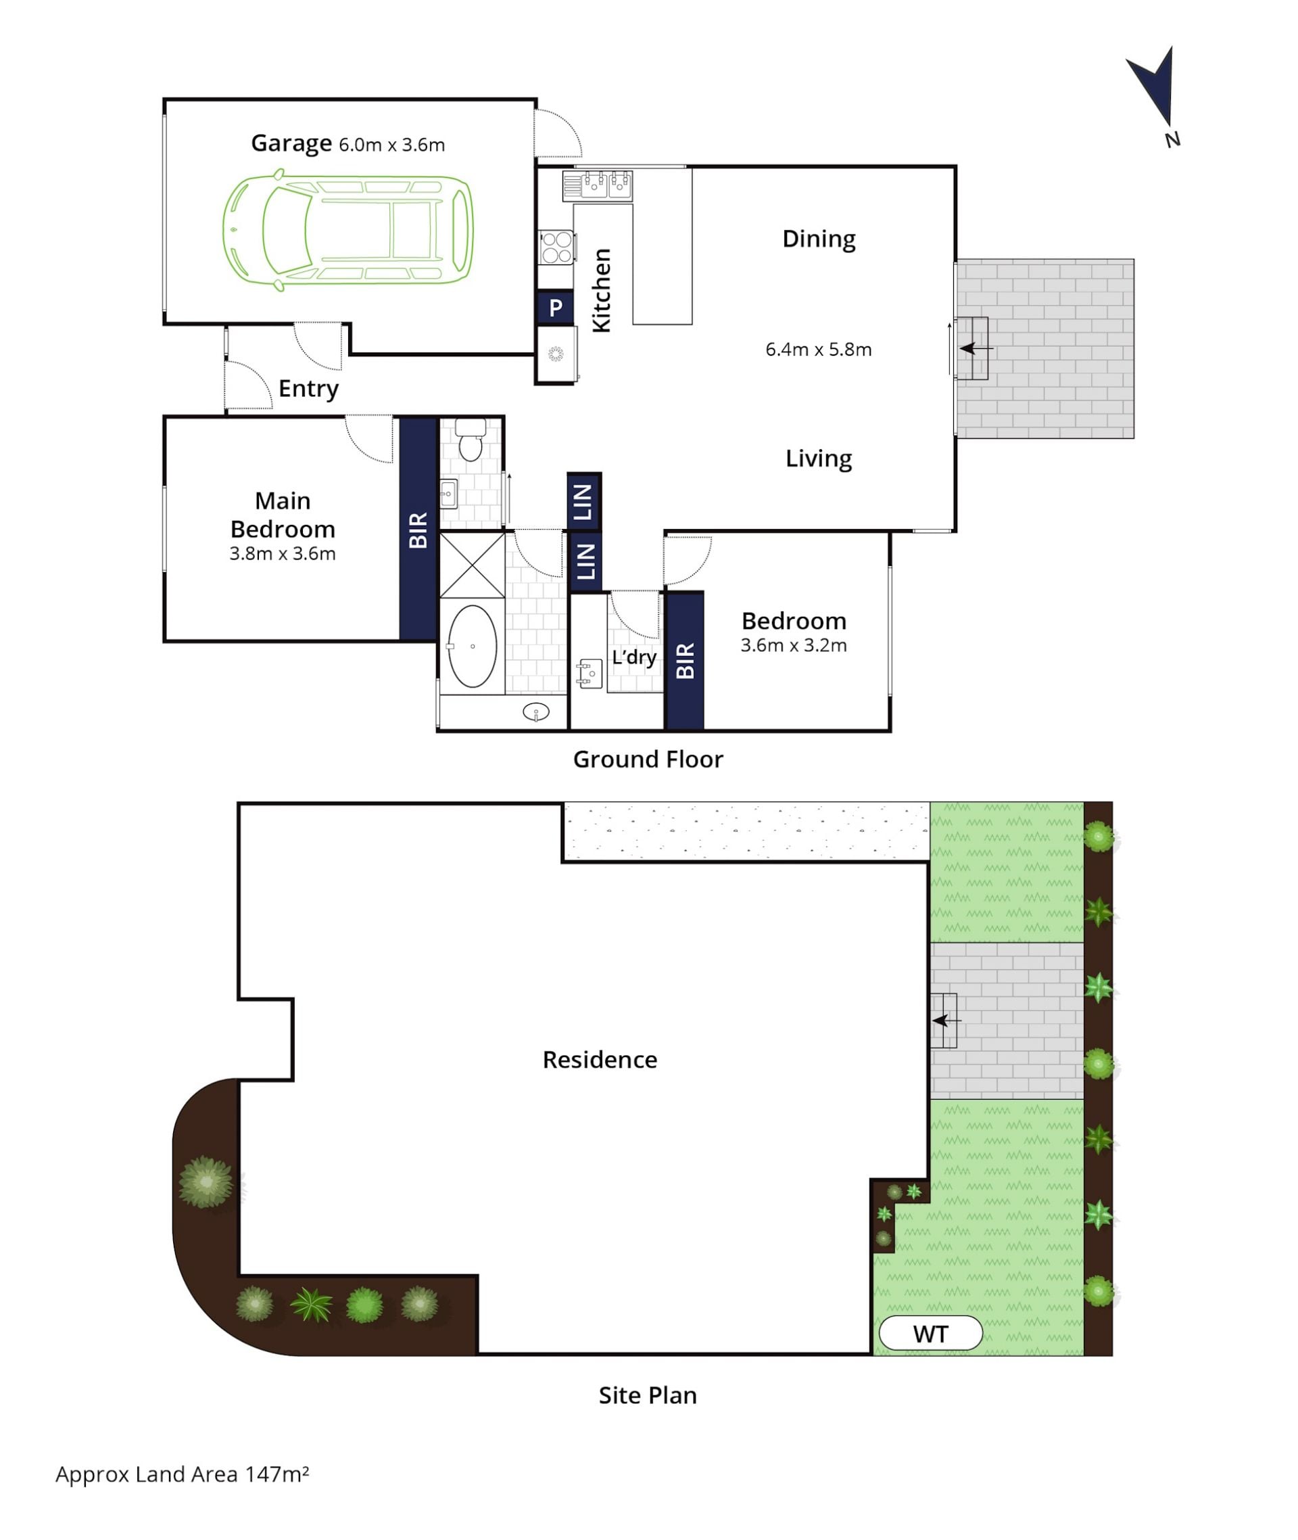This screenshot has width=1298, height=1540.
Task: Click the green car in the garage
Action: [x=348, y=231]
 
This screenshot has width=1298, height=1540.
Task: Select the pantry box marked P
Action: [x=556, y=307]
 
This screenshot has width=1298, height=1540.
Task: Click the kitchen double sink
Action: [x=598, y=185]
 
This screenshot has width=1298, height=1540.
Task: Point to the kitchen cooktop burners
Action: [x=556, y=247]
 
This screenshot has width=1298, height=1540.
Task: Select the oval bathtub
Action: [x=473, y=647]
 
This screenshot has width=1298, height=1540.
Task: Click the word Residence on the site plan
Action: [x=600, y=1059]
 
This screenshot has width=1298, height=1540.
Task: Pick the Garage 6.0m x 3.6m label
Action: [x=348, y=143]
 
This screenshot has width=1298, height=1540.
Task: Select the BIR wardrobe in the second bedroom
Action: [x=685, y=660]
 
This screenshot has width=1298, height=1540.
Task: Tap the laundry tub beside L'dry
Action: [x=590, y=674]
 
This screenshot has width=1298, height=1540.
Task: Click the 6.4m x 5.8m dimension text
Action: [x=818, y=349]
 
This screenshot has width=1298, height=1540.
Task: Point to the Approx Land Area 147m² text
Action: [x=182, y=1474]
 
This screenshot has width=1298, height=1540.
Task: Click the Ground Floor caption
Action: [x=648, y=759]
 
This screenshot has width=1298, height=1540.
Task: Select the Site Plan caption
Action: [x=648, y=1395]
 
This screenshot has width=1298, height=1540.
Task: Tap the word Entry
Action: [x=308, y=389]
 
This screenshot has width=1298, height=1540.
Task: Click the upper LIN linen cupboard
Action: [x=584, y=501]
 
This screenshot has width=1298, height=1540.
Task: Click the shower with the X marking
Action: [x=472, y=565]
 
